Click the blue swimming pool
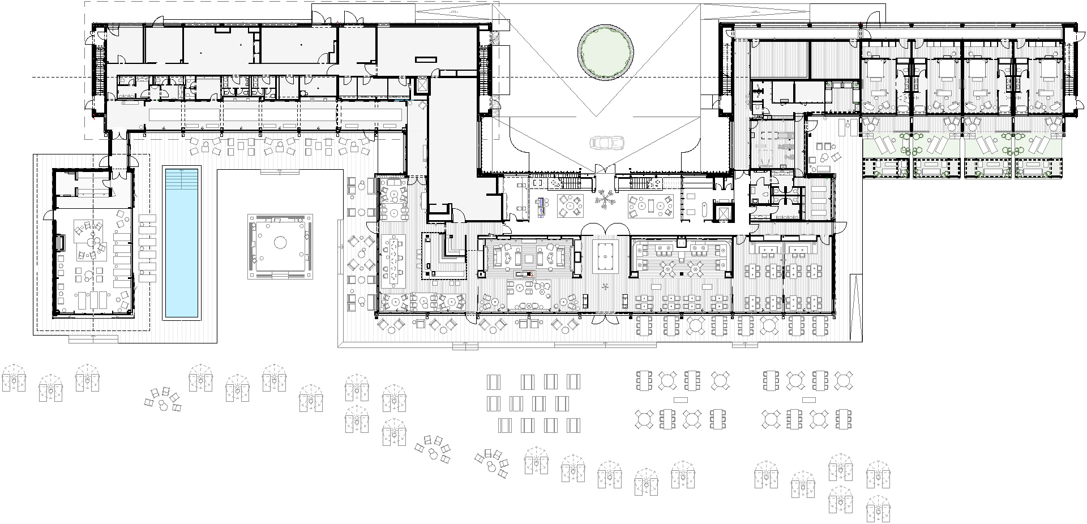click(182, 249)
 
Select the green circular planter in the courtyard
click(605, 51)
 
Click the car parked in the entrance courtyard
click(606, 143)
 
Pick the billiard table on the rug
click(606, 256)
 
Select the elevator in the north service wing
click(422, 86)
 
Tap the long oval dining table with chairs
click(392, 261)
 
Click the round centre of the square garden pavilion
click(279, 243)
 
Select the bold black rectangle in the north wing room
click(426, 59)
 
